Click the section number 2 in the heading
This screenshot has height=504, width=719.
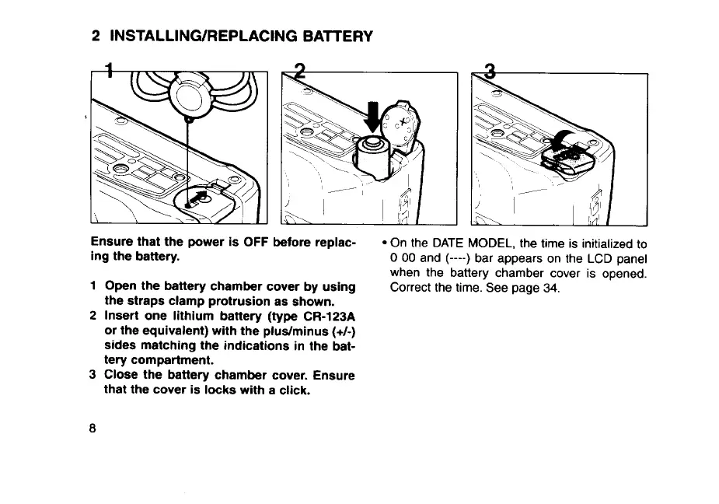click(x=95, y=36)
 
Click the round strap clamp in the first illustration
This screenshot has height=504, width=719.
click(x=187, y=95)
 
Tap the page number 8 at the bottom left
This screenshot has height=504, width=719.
click(x=94, y=429)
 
